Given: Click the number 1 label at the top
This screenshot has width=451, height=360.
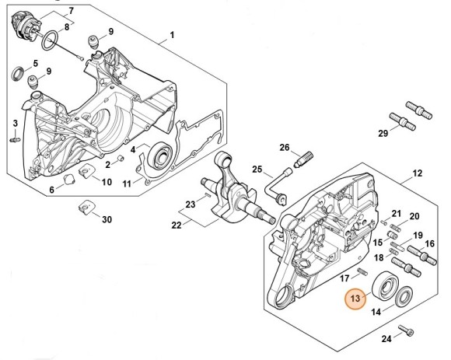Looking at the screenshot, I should coord(172,35).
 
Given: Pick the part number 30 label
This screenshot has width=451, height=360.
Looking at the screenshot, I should coord(107,219).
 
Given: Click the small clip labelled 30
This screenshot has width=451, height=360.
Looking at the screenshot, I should coord(86,208).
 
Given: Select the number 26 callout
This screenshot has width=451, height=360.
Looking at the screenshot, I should coord(285,148).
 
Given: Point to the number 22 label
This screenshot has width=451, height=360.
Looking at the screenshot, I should coord(177,225).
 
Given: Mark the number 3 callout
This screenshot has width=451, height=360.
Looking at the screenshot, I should coord(15,124).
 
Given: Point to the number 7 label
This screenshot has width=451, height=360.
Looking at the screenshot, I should coord(72,11).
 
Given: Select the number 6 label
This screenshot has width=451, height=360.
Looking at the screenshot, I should coord(52,189).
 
